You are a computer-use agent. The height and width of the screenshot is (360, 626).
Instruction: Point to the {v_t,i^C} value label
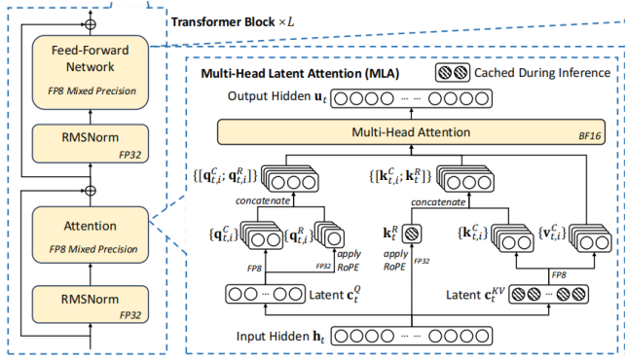point(548,233)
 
